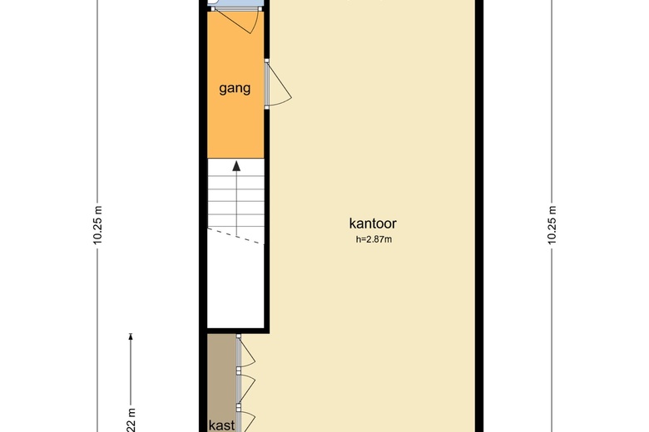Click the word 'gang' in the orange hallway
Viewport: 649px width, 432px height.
click(x=235, y=89)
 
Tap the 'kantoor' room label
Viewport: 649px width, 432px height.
click(x=372, y=223)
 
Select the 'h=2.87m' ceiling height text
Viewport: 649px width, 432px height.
click(x=373, y=240)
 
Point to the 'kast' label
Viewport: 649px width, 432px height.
click(x=221, y=425)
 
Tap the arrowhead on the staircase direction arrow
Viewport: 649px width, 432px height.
click(x=236, y=165)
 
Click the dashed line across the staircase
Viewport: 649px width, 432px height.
click(x=235, y=235)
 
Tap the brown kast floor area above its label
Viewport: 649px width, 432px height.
click(x=221, y=374)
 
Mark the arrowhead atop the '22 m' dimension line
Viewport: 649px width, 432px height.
click(x=131, y=336)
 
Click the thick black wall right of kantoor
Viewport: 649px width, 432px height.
click(x=479, y=216)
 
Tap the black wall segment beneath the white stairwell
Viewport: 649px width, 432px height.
click(x=235, y=330)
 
